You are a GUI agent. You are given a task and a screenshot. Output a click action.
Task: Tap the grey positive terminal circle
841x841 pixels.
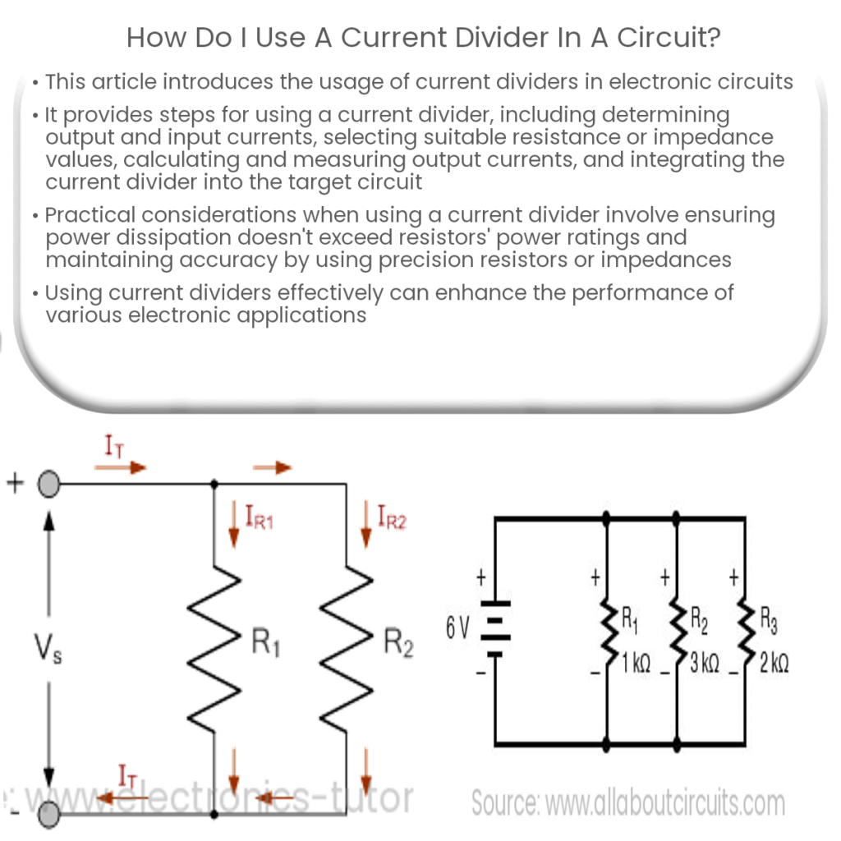tap(49, 485)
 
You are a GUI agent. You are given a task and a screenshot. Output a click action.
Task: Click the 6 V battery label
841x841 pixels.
tap(457, 629)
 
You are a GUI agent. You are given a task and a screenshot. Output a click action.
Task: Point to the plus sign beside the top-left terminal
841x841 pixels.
tap(14, 482)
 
